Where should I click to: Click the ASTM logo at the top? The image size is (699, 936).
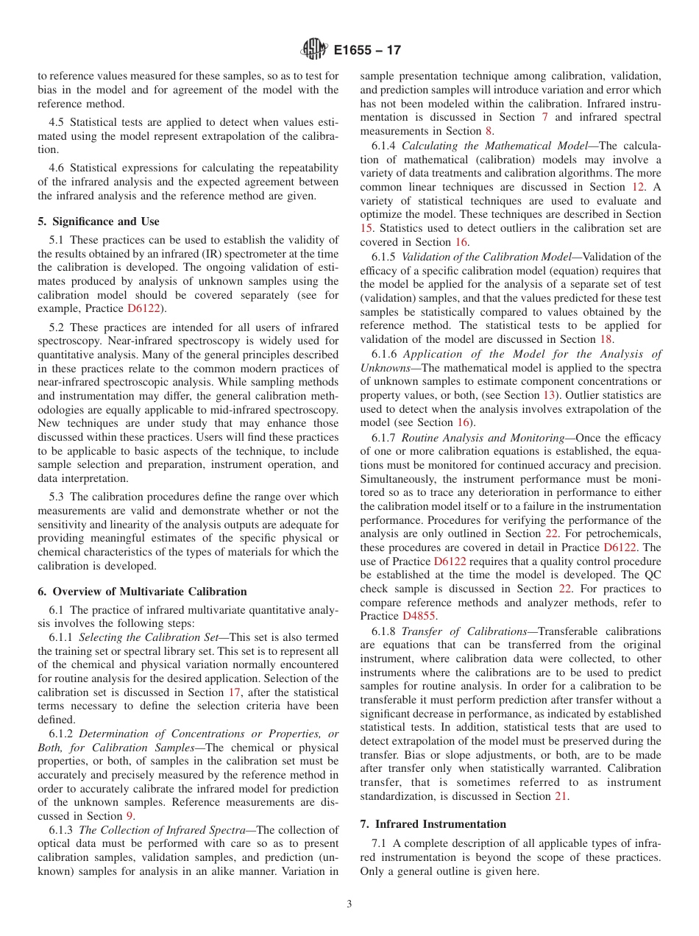click(314, 51)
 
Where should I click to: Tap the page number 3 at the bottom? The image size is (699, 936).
click(349, 904)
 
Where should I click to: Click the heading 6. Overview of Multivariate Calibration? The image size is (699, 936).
click(142, 592)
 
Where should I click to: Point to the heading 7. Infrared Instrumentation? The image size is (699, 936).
click(433, 824)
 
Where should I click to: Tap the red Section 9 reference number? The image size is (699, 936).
click(129, 816)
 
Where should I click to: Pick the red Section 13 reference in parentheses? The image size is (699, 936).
click(548, 395)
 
